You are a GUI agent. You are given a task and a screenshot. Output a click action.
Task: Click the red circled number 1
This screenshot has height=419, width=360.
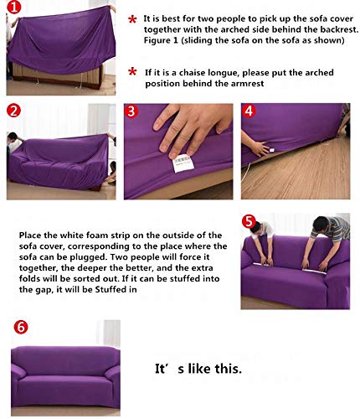pos(13,7)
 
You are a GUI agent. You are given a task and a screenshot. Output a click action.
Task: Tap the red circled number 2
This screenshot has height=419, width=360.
pos(13,110)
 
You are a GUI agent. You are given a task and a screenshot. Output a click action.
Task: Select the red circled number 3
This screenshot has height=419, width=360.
pos(131,111)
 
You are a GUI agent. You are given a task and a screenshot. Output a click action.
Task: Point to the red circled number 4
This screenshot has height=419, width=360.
pos(249,111)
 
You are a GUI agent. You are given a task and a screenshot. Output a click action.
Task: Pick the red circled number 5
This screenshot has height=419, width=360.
pos(249,221)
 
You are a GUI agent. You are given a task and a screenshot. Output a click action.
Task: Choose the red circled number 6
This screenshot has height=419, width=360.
pos(21,327)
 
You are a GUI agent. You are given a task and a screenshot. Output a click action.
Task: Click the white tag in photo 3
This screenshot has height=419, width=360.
pos(183,163)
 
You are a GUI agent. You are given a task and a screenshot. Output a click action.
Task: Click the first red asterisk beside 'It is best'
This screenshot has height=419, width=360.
pos(132,20)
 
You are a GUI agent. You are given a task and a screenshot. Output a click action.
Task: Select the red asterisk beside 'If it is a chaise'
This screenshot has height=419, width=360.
pos(132,72)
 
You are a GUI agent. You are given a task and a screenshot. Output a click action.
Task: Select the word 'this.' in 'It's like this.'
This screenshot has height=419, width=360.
pos(229,369)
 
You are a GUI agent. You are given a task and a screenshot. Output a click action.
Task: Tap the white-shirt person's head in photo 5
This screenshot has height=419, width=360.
pos(255,226)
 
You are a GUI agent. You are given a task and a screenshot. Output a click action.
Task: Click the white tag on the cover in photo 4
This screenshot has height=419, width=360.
pos(271,150)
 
